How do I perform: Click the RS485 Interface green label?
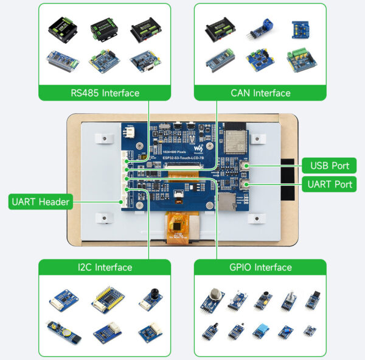tap(105, 93)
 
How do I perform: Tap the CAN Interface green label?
tap(260, 93)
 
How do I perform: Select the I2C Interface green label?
tap(105, 267)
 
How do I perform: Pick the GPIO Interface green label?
tap(260, 267)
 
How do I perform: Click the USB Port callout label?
tap(328, 165)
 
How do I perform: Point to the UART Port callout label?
tap(328, 183)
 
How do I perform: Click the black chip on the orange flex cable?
tap(178, 225)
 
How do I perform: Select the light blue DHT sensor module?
tap(260, 331)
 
